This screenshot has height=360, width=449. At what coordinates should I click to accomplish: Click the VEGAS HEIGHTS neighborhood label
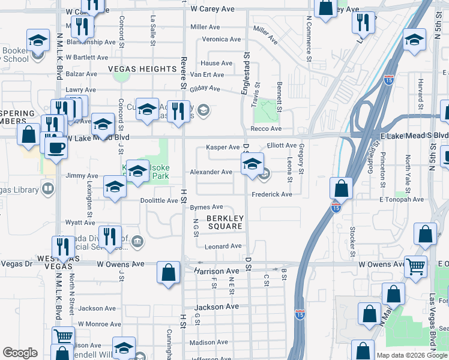point(142,69)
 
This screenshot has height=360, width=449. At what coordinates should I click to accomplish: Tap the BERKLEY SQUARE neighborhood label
point(224,222)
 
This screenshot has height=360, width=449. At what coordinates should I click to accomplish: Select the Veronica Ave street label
point(221,39)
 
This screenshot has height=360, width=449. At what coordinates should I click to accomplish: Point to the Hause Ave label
point(217,63)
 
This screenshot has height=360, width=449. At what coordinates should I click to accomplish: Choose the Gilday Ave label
point(205,88)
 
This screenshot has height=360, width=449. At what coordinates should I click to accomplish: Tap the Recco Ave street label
point(267,129)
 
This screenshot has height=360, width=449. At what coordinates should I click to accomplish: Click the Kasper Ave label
point(223,147)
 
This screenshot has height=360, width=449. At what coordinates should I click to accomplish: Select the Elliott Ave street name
point(282,145)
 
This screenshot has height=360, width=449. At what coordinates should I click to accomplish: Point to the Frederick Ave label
point(271,194)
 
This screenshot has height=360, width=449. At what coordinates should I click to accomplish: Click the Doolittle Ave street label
point(159,200)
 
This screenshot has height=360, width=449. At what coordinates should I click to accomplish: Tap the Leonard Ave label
point(223,247)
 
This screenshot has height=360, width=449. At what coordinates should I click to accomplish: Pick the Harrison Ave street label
point(217,271)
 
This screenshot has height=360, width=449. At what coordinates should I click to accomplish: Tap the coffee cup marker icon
point(56,146)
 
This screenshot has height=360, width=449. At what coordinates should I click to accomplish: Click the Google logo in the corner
point(20,353)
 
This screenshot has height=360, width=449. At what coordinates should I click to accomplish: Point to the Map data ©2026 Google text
point(411,355)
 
